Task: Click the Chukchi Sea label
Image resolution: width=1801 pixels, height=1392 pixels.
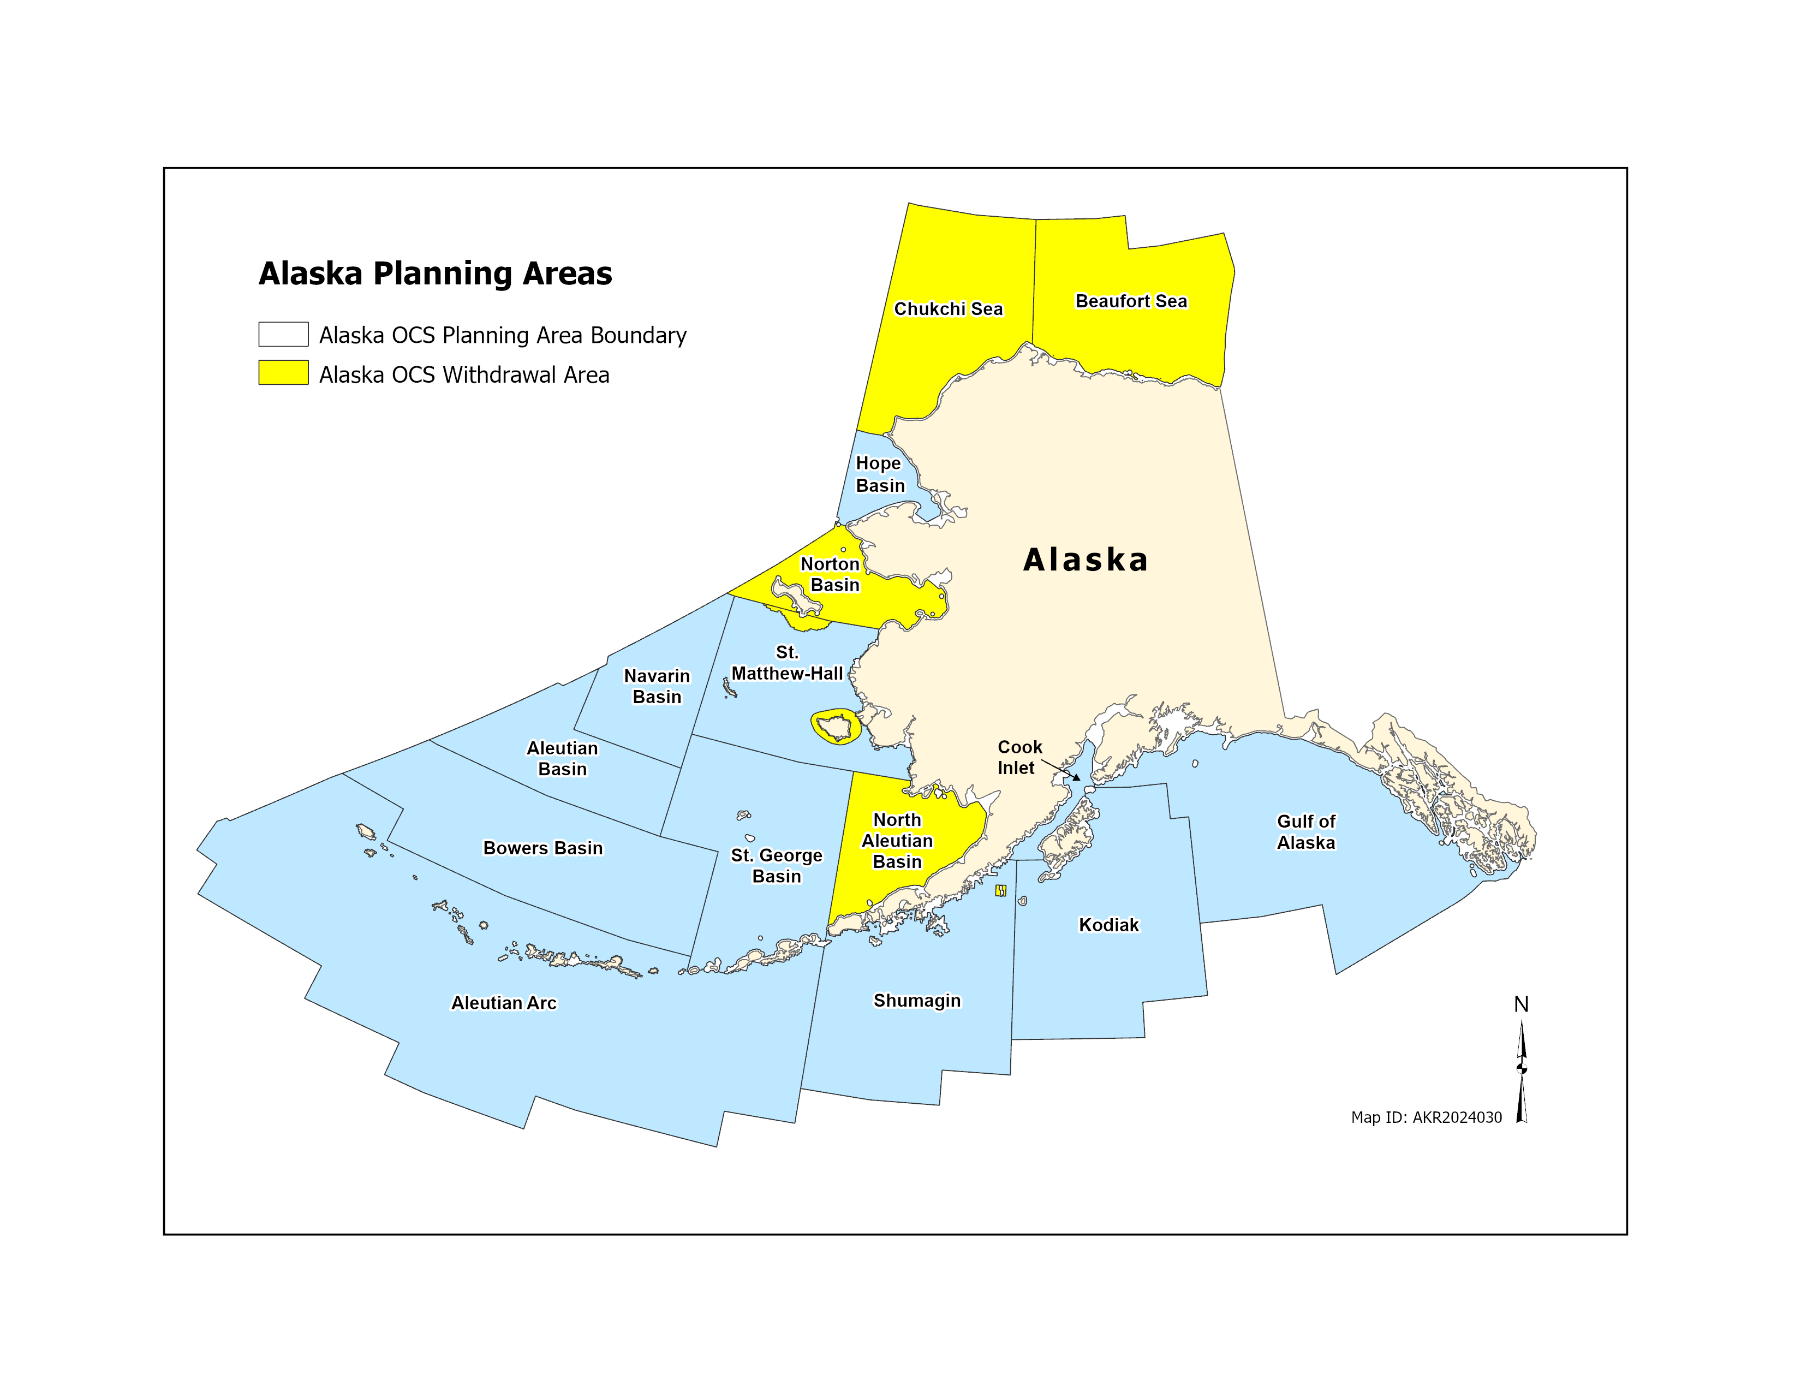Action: tap(949, 309)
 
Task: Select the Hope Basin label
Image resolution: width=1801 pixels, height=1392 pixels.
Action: tap(880, 474)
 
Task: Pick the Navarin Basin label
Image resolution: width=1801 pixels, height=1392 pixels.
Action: tap(657, 686)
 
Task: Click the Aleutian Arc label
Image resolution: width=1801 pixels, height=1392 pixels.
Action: tap(504, 1003)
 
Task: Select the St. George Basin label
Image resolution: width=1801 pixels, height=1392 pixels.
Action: tap(776, 866)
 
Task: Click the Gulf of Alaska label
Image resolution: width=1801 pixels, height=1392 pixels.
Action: tap(1305, 832)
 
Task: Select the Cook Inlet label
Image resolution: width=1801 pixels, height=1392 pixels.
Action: tap(1019, 757)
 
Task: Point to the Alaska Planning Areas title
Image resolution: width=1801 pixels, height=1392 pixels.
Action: tap(436, 274)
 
